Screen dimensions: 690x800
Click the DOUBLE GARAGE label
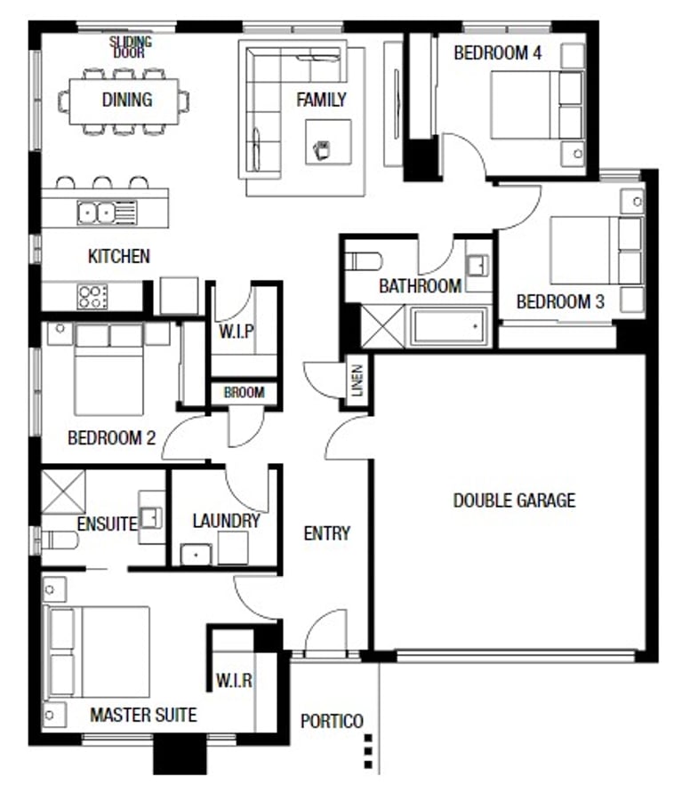[x=515, y=500]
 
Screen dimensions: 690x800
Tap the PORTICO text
[x=332, y=721]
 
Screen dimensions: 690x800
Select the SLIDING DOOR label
[x=130, y=47]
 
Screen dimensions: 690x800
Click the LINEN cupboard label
[x=357, y=380]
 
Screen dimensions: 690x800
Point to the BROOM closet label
[x=245, y=392]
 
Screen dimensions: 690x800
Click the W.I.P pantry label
[x=237, y=332]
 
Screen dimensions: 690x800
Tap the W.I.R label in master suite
[x=234, y=680]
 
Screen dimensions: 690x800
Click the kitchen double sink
[x=108, y=212]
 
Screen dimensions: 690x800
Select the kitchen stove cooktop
[x=92, y=297]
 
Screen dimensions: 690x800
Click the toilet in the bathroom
[x=364, y=261]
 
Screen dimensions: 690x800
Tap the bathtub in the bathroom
[x=447, y=326]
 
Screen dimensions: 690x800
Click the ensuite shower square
[x=63, y=492]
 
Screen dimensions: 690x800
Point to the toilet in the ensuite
[x=60, y=540]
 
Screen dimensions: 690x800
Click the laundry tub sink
[x=196, y=555]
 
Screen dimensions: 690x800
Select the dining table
[x=124, y=101]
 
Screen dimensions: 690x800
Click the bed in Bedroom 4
[x=536, y=105]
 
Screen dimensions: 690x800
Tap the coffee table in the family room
[x=328, y=142]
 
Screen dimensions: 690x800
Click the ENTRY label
[x=326, y=533]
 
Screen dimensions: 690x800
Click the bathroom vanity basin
[x=478, y=266]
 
